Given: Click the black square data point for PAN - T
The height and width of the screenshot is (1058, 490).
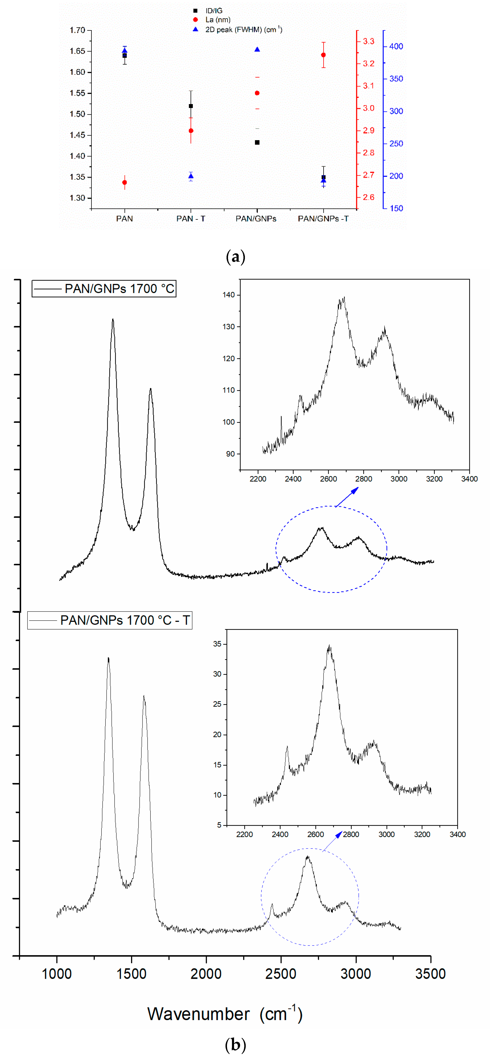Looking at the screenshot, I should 191,106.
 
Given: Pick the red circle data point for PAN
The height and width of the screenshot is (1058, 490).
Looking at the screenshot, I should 125,182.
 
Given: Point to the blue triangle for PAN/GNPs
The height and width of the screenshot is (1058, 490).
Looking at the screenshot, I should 257,50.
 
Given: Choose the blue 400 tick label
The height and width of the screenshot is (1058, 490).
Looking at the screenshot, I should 396,46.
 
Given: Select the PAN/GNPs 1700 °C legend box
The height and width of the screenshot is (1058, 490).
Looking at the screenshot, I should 104,289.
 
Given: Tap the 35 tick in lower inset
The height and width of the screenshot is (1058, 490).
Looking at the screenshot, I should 217,644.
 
